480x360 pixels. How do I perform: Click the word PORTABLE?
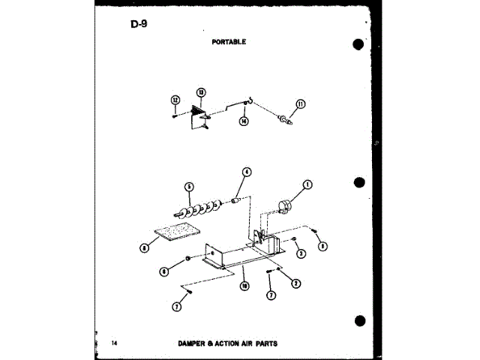coord(228,42)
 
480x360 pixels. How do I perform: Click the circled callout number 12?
coord(175,100)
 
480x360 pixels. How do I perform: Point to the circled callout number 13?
coord(201,92)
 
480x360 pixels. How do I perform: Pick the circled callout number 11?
coord(301,105)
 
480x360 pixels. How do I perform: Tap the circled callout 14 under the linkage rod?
coord(244,121)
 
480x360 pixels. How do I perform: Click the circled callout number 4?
coord(246,172)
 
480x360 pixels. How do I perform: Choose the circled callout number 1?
coord(307,184)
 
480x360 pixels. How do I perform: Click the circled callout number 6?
coord(164,271)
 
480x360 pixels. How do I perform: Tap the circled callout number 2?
coord(296,283)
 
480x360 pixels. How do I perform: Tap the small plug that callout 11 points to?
coord(283,118)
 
